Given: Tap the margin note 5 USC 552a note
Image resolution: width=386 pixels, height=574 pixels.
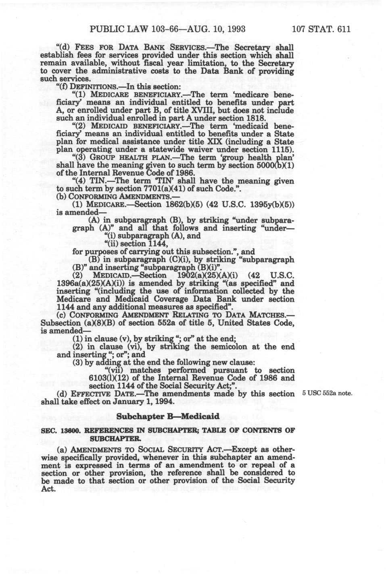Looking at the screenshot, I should pyautogui.click(x=327, y=394).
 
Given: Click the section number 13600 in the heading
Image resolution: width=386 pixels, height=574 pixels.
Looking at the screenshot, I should pyautogui.click(x=66, y=431).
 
